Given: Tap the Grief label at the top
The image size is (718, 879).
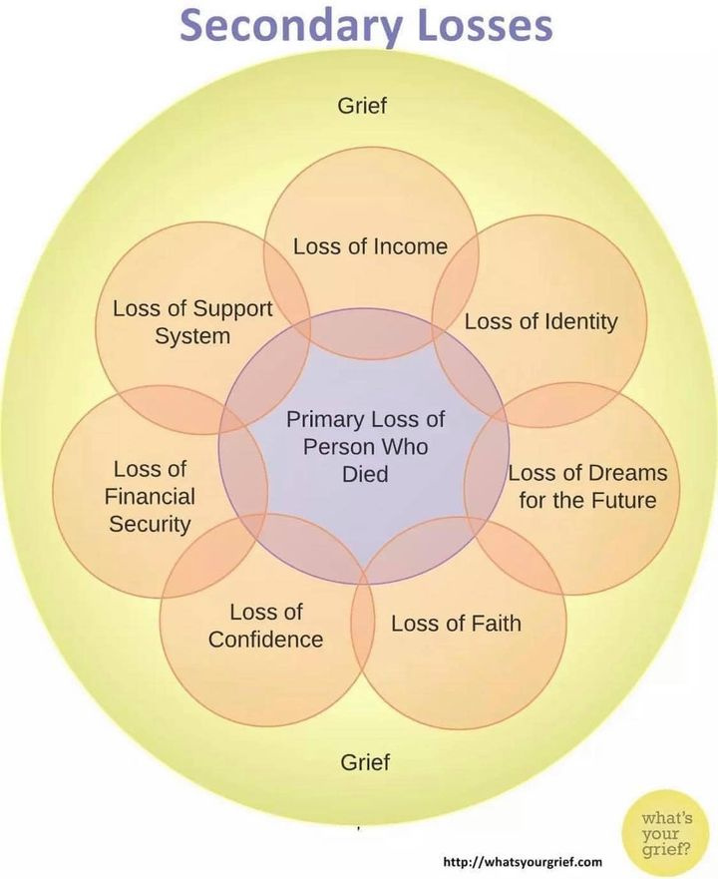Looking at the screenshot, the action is pyautogui.click(x=362, y=105).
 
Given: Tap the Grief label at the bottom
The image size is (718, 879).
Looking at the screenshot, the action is pyautogui.click(x=365, y=763).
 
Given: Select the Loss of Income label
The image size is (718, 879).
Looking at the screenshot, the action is pyautogui.click(x=370, y=246).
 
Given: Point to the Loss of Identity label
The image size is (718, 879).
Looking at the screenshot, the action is pyautogui.click(x=540, y=321).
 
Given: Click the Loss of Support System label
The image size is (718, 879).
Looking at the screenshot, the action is pyautogui.click(x=192, y=321).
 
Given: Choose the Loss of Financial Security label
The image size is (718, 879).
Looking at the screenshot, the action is pyautogui.click(x=150, y=497).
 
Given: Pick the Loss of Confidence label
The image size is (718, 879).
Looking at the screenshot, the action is pyautogui.click(x=265, y=626).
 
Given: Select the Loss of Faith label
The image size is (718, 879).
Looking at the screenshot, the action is pyautogui.click(x=456, y=625).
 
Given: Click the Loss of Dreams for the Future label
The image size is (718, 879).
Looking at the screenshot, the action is pyautogui.click(x=587, y=485).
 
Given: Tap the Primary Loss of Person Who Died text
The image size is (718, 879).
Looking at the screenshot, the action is pyautogui.click(x=365, y=446).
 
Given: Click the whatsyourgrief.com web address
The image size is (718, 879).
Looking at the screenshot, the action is pyautogui.click(x=523, y=861).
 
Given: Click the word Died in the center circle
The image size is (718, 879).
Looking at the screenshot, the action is pyautogui.click(x=365, y=474).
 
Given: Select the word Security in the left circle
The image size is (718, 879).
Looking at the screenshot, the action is pyautogui.click(x=150, y=524).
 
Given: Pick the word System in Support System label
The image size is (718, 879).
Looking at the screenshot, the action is pyautogui.click(x=192, y=336).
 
